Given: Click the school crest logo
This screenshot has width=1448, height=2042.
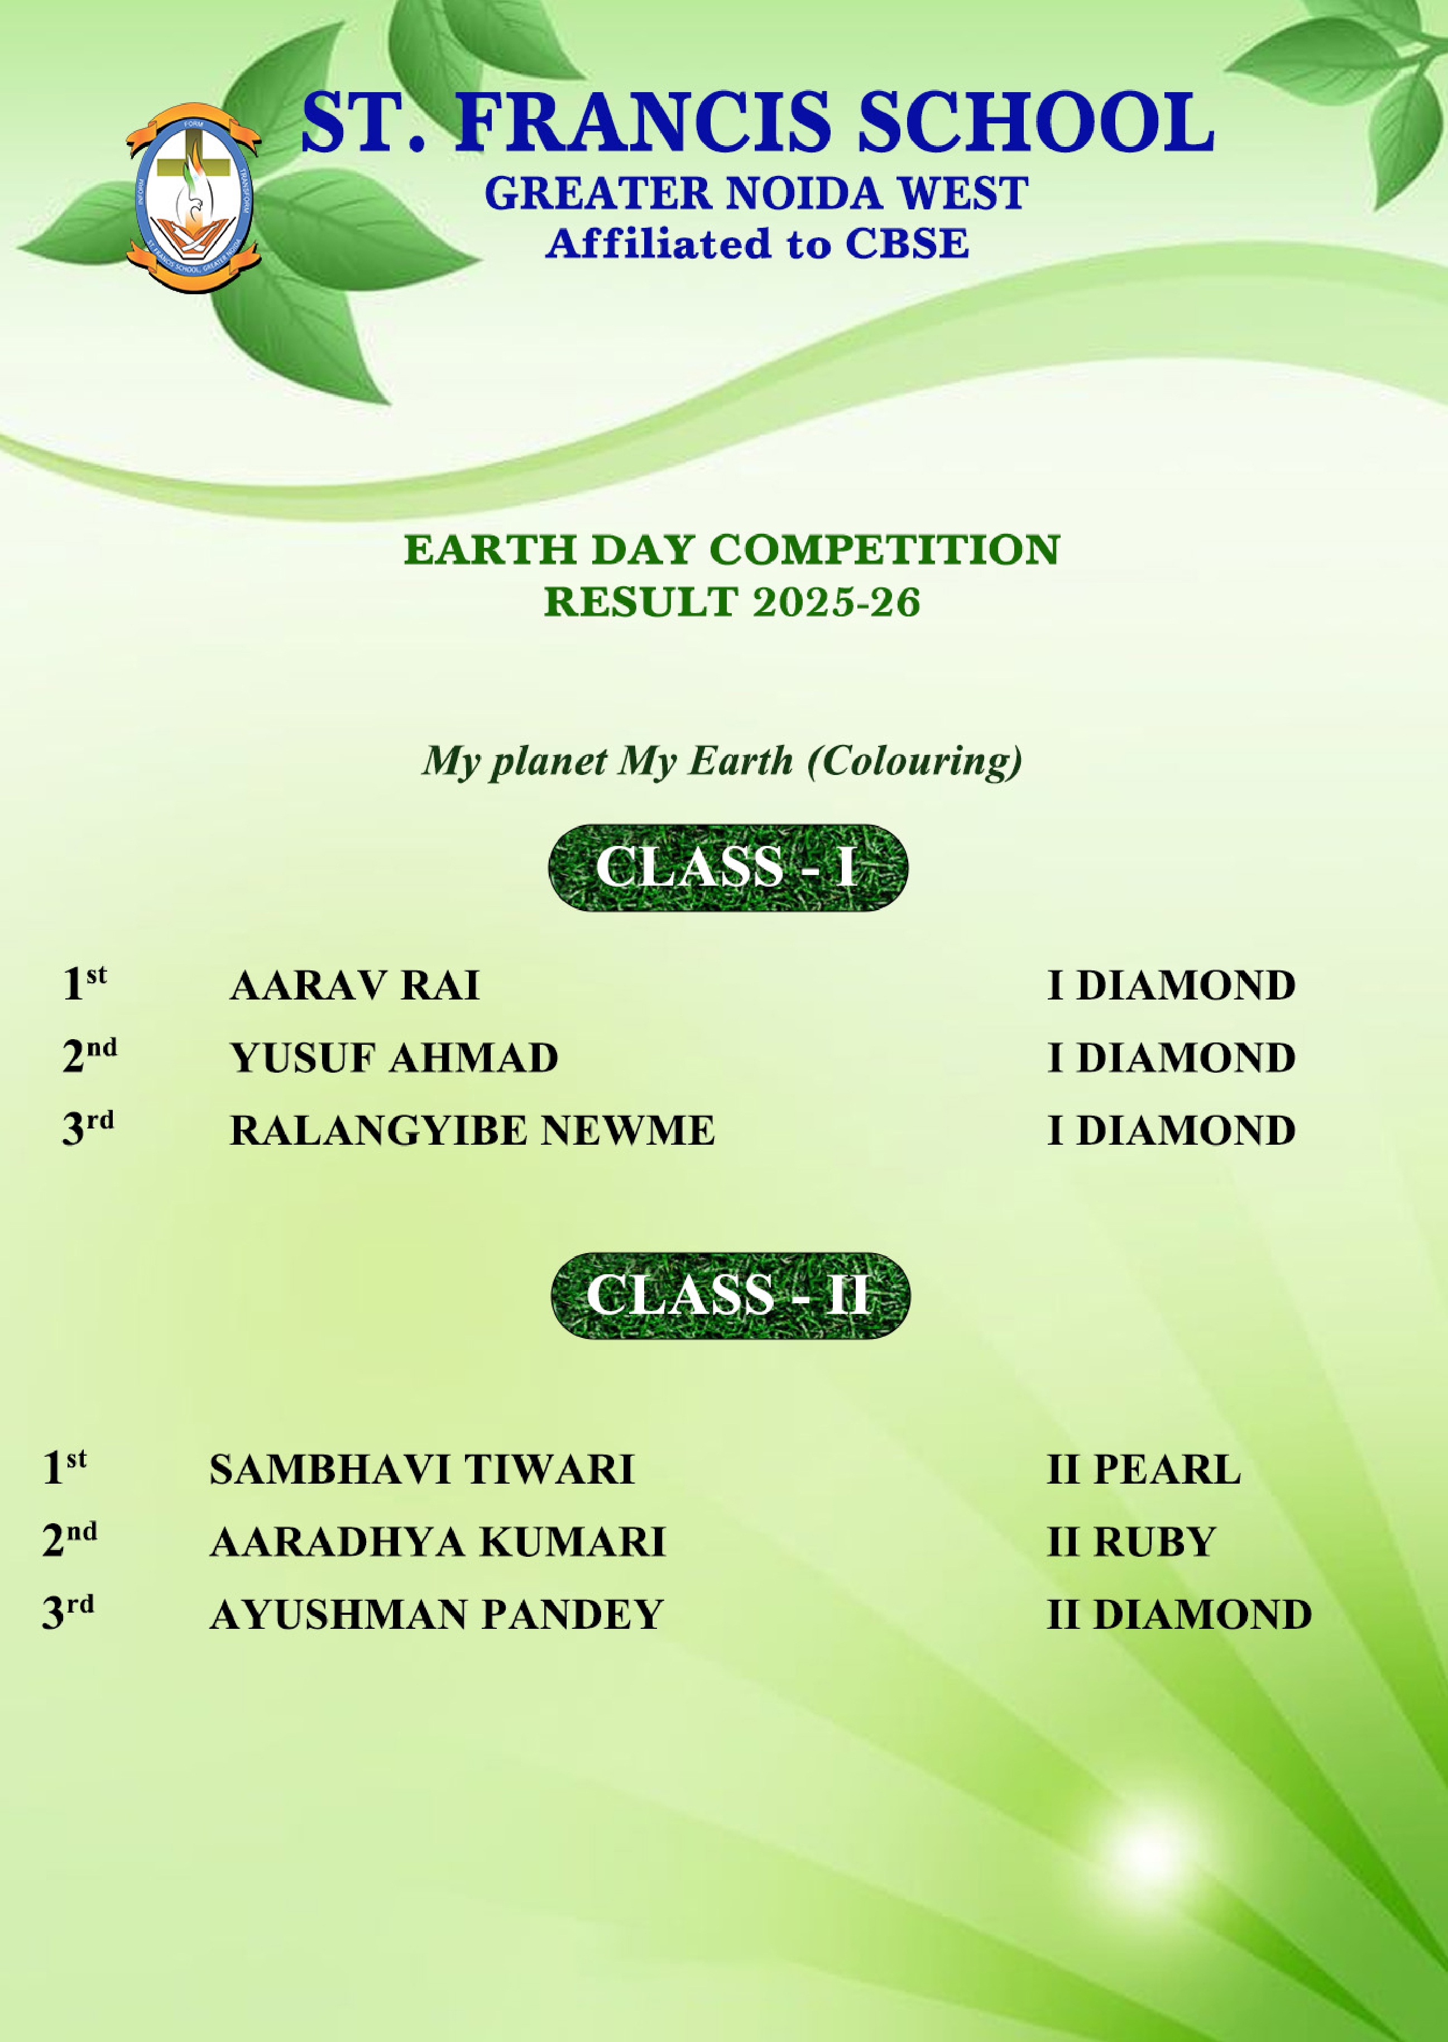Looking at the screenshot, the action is [x=194, y=198].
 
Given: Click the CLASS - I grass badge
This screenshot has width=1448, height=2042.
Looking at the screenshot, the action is [x=727, y=867].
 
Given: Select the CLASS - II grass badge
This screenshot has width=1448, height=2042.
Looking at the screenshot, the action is [x=730, y=1295].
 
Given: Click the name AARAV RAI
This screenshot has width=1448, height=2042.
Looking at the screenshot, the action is [x=355, y=986].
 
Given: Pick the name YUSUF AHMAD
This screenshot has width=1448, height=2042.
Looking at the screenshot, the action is [x=394, y=1058].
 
